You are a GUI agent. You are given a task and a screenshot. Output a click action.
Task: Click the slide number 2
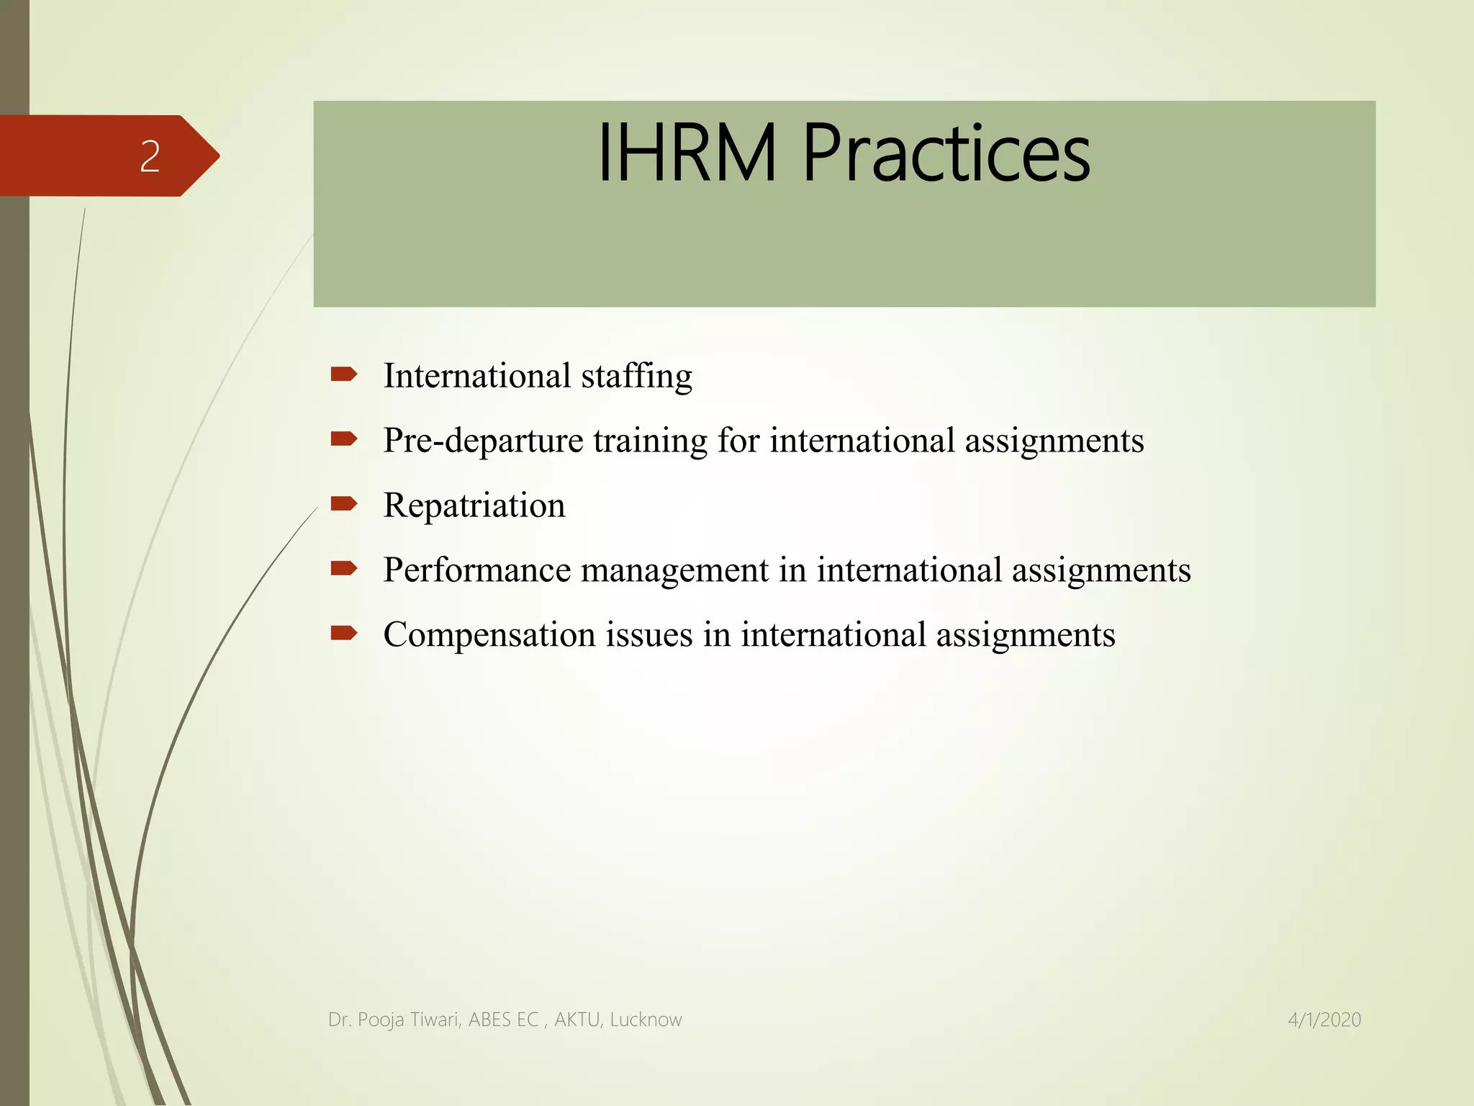point(150,156)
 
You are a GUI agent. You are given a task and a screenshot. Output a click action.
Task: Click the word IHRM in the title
point(687,153)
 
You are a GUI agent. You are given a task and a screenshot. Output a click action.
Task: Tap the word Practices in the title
point(946,153)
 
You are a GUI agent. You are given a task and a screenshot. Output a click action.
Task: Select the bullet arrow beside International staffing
point(343,374)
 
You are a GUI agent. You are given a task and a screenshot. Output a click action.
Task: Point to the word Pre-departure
point(483,441)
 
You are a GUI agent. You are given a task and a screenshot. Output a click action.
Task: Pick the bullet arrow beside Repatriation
point(343,503)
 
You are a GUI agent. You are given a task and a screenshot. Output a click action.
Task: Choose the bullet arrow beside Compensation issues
point(343,633)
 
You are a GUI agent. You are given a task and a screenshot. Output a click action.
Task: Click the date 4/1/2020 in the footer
point(1324,1020)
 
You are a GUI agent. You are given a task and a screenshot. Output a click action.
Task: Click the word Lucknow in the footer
point(646,1020)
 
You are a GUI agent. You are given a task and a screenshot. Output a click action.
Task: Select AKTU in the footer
point(578,1020)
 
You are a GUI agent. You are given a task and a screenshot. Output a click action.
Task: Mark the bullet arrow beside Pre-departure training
point(343,439)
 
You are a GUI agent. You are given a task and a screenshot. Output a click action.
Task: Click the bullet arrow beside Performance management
point(343,568)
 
